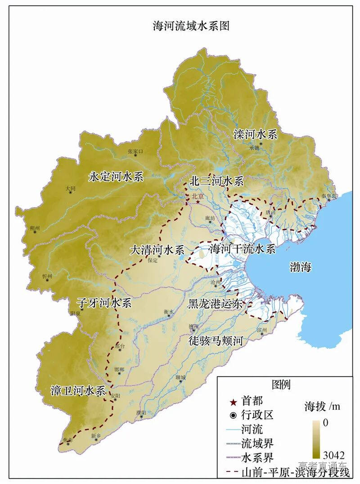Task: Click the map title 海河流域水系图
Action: (191, 26)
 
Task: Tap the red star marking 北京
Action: (198, 202)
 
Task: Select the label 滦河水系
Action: (255, 134)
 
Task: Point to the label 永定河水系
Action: (116, 176)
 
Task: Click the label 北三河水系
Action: (216, 181)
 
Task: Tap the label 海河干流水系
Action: (242, 248)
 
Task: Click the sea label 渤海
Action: (300, 267)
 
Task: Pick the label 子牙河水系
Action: (104, 303)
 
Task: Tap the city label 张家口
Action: (135, 152)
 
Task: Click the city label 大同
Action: (70, 188)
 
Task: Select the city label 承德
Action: (254, 148)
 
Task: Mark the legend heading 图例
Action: (281, 385)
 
